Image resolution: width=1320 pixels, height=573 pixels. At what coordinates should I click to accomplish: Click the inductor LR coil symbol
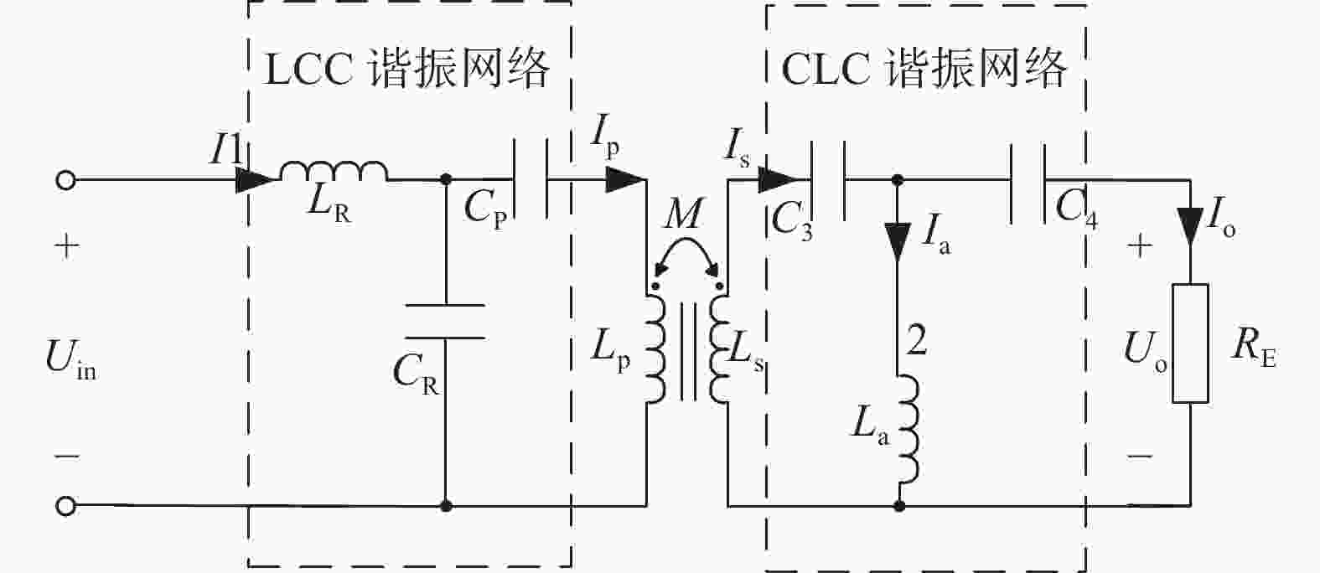(334, 171)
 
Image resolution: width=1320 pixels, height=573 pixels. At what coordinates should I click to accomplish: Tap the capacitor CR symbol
(446, 322)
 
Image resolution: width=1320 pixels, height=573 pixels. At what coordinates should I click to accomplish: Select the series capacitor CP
(531, 179)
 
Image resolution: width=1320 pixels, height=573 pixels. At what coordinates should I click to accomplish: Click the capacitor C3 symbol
(829, 180)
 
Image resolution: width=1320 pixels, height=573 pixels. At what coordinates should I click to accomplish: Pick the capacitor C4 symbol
(1028, 183)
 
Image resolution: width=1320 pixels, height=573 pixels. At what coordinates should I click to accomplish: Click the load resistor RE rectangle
(1190, 343)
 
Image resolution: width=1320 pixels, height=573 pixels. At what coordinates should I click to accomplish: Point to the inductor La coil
(908, 429)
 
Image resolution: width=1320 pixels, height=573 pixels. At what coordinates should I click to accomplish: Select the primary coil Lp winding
(656, 348)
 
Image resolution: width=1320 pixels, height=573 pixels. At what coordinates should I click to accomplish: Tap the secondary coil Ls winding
(719, 348)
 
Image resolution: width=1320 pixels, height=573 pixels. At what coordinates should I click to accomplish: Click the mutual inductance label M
(684, 213)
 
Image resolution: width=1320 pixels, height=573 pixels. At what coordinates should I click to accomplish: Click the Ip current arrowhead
(626, 179)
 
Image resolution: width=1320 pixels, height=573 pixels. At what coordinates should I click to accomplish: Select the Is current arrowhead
(778, 179)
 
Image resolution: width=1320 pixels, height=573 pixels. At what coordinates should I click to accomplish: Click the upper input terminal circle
(66, 180)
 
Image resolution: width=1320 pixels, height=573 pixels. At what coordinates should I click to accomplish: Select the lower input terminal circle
(66, 506)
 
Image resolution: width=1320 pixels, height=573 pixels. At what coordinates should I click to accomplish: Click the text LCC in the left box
(309, 70)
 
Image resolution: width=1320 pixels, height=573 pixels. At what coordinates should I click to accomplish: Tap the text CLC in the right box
(826, 69)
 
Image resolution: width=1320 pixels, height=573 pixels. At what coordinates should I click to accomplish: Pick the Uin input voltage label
(70, 359)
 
